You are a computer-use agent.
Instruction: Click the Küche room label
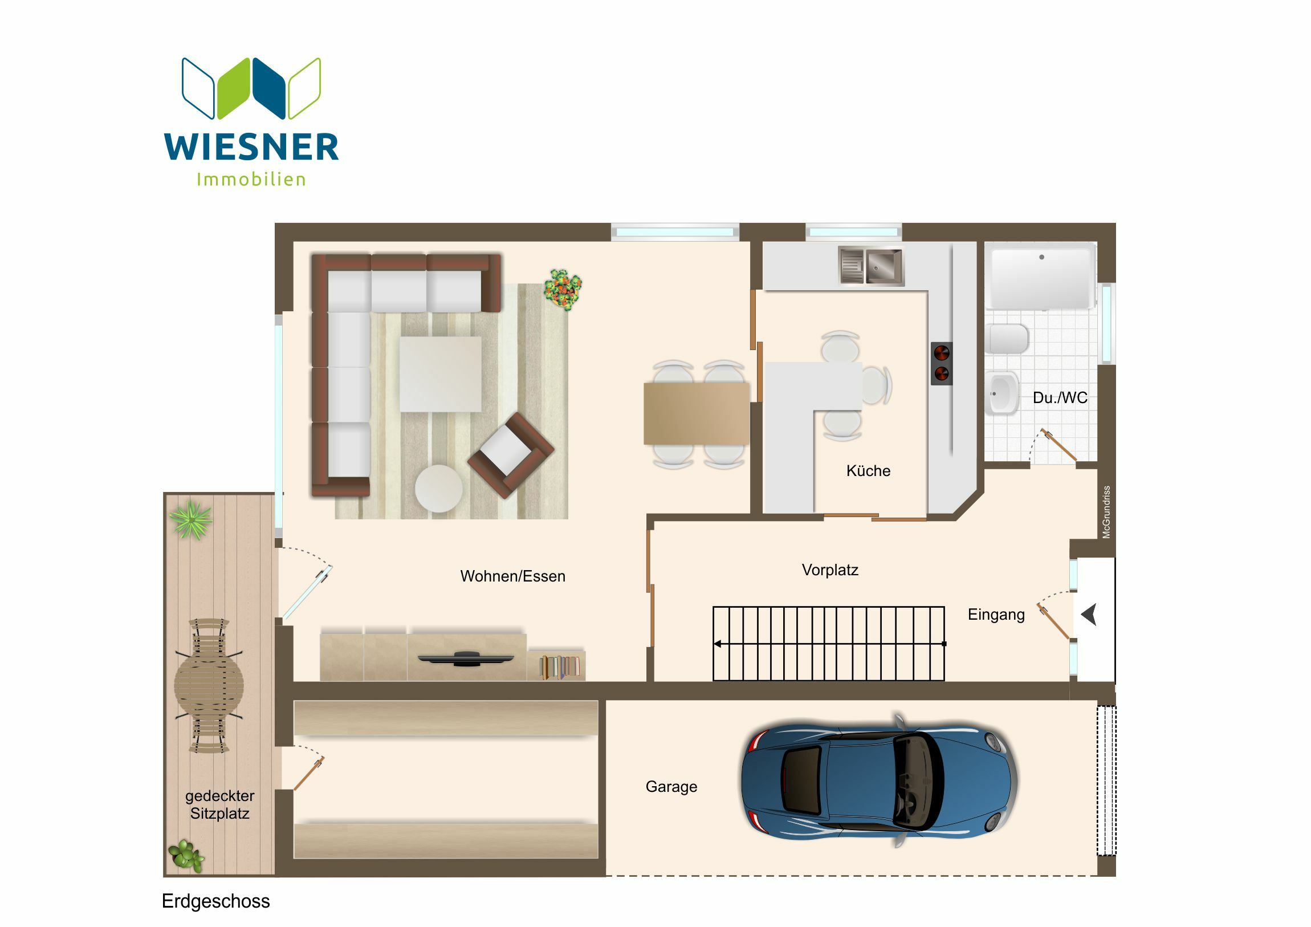pos(868,471)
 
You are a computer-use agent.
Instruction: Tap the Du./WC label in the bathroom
pos(1060,397)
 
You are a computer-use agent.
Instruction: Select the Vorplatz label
pos(830,570)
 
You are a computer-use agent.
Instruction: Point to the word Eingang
pos(996,615)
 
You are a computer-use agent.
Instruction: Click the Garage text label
pos(671,787)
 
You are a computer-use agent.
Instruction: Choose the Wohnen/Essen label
pos(513,576)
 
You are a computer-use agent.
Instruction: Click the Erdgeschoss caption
pos(216,901)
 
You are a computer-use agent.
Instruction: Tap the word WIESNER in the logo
pos(251,147)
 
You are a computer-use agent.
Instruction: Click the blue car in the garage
pos(879,781)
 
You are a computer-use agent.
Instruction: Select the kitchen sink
pos(871,265)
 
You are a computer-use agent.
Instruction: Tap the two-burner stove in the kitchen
pos(942,364)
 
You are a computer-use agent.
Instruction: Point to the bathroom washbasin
pos(1002,393)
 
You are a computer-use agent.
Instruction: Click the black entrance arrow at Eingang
pos(1089,615)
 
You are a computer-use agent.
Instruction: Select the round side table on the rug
pos(438,489)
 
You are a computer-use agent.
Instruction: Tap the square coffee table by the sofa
pos(440,373)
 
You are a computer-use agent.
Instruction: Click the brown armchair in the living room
pos(511,455)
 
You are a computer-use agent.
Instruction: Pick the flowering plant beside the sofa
pos(563,290)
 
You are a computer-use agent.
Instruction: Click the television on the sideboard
pos(465,658)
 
